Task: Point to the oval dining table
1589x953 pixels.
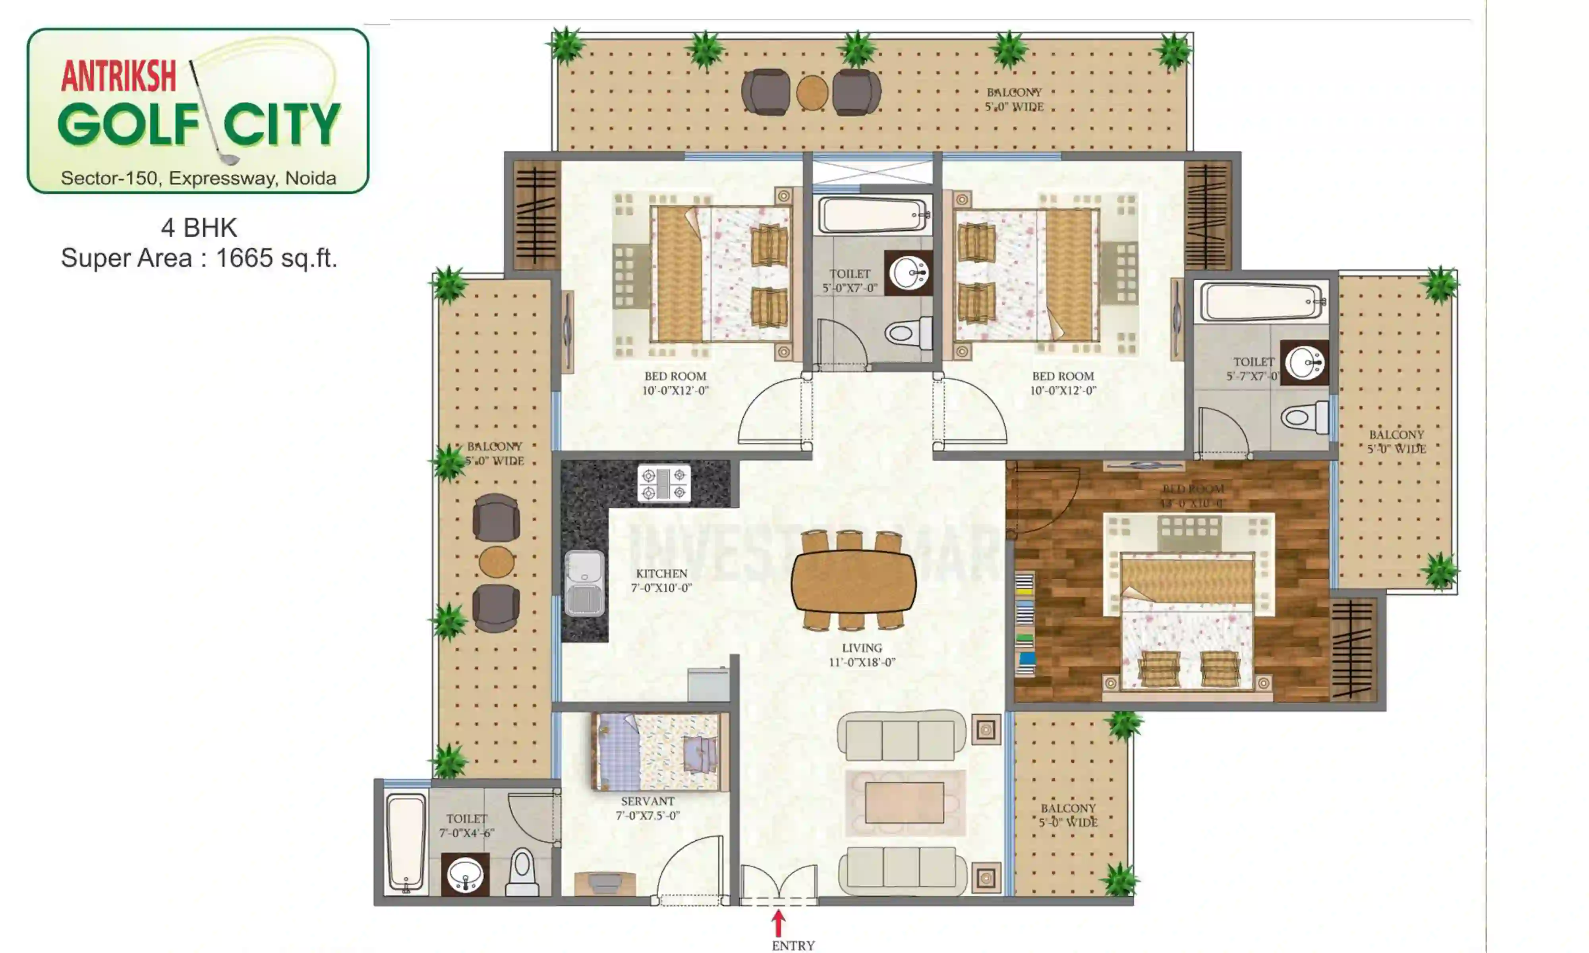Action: point(854,581)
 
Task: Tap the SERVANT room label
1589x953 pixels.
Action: point(648,808)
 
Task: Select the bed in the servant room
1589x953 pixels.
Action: point(659,752)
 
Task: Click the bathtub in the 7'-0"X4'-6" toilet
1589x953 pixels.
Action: point(406,842)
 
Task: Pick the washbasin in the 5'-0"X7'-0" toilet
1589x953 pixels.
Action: point(908,274)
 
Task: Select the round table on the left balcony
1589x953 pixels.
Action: point(497,562)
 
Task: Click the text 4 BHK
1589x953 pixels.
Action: point(199,228)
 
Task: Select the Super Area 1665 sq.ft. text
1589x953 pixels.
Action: point(199,258)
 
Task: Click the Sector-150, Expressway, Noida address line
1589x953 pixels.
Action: point(199,178)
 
